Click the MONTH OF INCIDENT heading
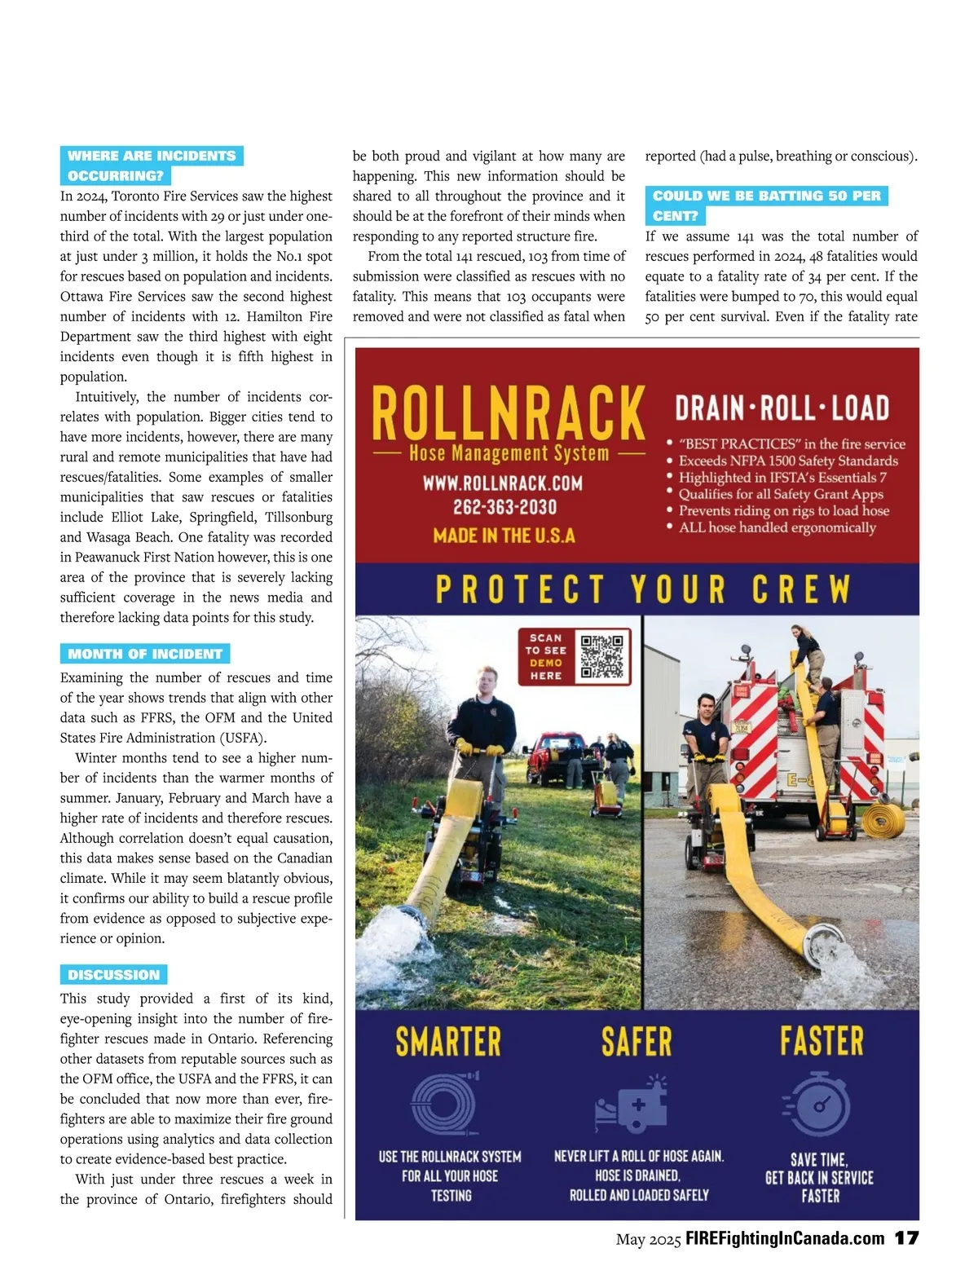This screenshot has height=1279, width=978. [x=145, y=654]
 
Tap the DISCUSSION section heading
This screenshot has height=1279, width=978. [x=113, y=974]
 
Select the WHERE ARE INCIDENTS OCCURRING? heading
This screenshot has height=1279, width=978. [x=151, y=165]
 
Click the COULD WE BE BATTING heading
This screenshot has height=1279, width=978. [x=766, y=196]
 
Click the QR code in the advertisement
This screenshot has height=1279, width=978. [x=602, y=656]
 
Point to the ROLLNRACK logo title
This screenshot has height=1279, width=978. [x=508, y=413]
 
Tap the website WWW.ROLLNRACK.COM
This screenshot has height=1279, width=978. [x=503, y=483]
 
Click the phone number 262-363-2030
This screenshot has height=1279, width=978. [x=504, y=507]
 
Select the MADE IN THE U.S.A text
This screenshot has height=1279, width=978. [x=504, y=536]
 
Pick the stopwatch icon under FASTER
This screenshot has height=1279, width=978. [x=817, y=1105]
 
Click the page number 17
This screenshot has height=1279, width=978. [x=906, y=1238]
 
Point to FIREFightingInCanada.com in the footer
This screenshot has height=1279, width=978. [x=785, y=1239]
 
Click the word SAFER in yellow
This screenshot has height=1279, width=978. [x=637, y=1042]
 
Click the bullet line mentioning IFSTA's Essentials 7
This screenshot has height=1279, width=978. [x=782, y=478]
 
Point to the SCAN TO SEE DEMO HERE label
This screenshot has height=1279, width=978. [x=546, y=656]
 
